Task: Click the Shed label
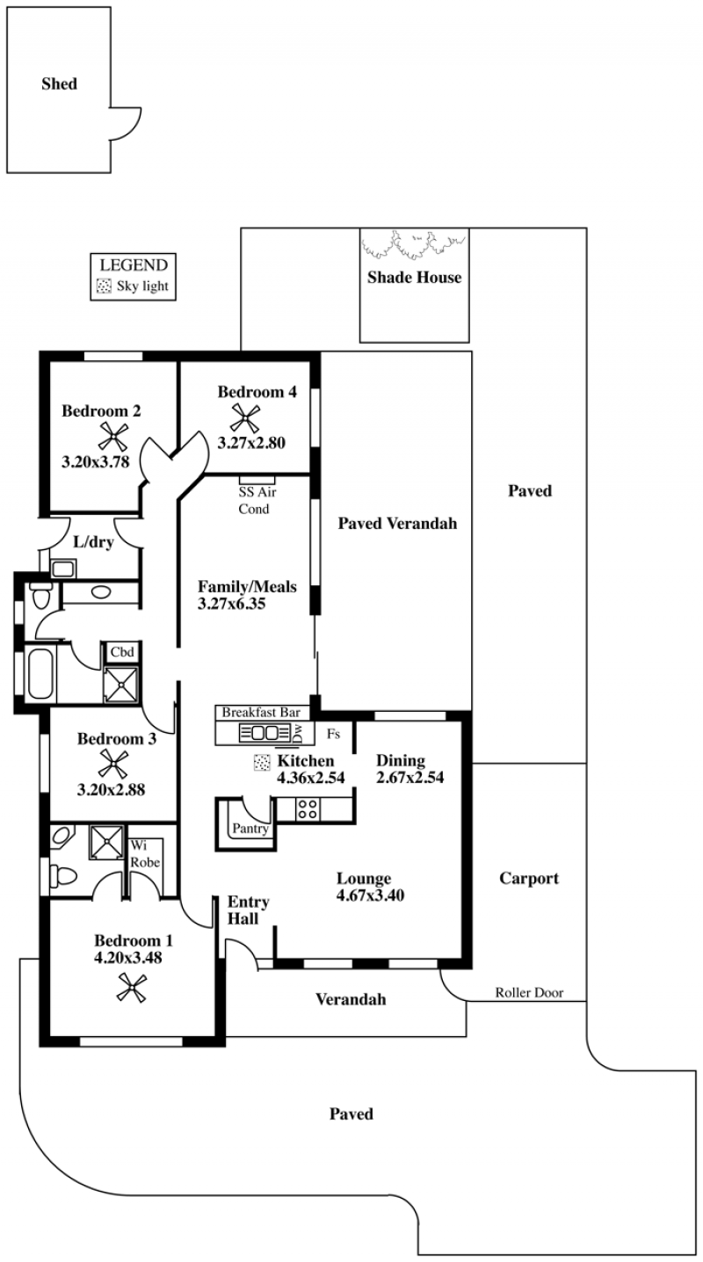(60, 84)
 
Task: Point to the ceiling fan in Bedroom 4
(243, 416)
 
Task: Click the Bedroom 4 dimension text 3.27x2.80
(251, 444)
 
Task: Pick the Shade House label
(414, 278)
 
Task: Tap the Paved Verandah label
(398, 524)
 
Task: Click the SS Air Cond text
(253, 502)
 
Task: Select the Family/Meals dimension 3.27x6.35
(232, 604)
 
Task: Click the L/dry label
(93, 542)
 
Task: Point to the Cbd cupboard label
(121, 652)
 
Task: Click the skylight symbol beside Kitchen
(261, 762)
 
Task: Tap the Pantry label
(250, 828)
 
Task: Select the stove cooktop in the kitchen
(308, 809)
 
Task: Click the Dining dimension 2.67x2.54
(409, 778)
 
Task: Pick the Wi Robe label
(145, 853)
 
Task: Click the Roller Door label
(527, 993)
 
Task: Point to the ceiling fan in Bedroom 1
(134, 990)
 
